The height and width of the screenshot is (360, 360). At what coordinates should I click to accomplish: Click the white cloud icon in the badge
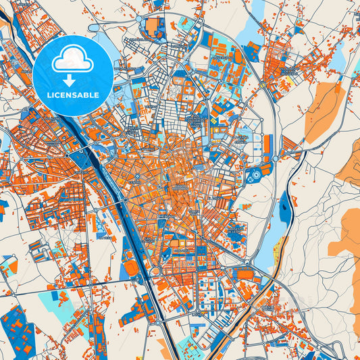click(x=72, y=60)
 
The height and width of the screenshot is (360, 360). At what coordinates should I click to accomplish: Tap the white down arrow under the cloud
click(x=72, y=79)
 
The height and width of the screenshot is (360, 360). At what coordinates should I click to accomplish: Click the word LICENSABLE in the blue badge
click(x=72, y=95)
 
